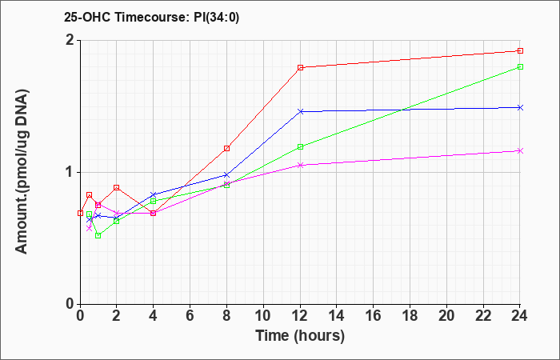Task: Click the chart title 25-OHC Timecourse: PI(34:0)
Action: pyautogui.click(x=151, y=17)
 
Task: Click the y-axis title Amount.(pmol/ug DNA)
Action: pyautogui.click(x=22, y=172)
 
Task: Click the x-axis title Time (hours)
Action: pyautogui.click(x=300, y=336)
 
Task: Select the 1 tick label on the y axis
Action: pyautogui.click(x=71, y=173)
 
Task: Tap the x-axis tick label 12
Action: pyautogui.click(x=300, y=316)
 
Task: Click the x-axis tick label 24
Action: pyautogui.click(x=520, y=316)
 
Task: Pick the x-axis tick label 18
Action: pyautogui.click(x=410, y=316)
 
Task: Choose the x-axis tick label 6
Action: pyautogui.click(x=190, y=316)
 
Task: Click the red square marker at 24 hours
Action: pyautogui.click(x=520, y=50)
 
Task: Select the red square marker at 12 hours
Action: pyautogui.click(x=300, y=67)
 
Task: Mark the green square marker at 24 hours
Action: pyautogui.click(x=520, y=66)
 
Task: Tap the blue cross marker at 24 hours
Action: pyautogui.click(x=520, y=107)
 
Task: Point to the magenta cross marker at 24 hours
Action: pyautogui.click(x=520, y=150)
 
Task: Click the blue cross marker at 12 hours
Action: pyautogui.click(x=300, y=111)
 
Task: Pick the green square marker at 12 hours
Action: pyautogui.click(x=300, y=146)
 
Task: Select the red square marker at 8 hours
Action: pyautogui.click(x=226, y=148)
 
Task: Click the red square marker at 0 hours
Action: pyautogui.click(x=80, y=214)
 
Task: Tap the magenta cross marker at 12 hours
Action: pyautogui.click(x=300, y=165)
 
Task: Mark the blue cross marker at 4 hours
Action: pyautogui.click(x=154, y=194)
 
